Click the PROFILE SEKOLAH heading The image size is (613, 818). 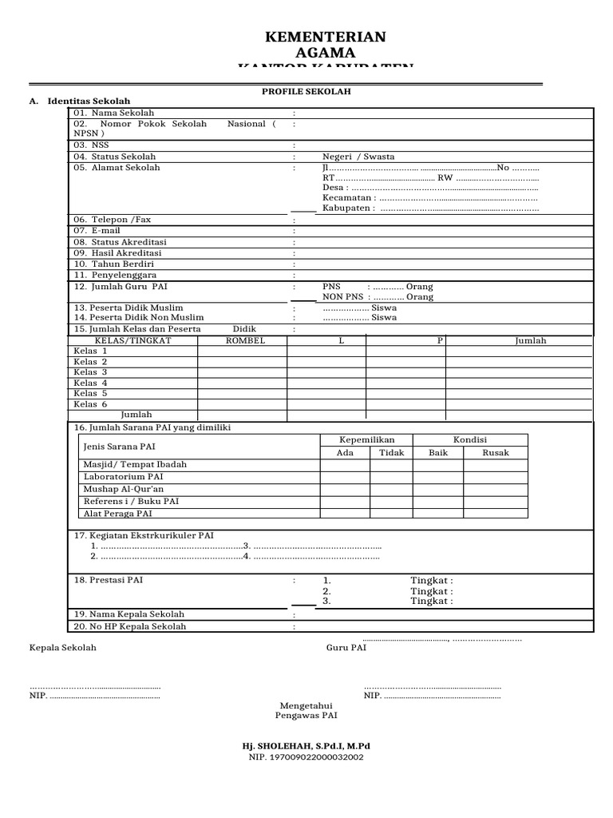click(x=306, y=92)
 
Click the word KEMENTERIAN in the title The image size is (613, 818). click(x=325, y=38)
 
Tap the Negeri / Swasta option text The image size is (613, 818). click(x=358, y=157)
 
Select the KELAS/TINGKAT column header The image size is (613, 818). click(x=133, y=340)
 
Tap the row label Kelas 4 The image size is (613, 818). click(x=91, y=383)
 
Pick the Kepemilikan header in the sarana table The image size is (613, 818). click(x=367, y=440)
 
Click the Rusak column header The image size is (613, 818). click(x=496, y=452)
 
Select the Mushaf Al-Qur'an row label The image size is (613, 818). click(x=124, y=489)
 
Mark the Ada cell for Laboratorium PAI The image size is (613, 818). click(x=345, y=477)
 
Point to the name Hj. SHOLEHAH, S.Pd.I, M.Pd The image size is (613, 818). click(x=306, y=746)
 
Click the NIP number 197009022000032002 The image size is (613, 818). click(x=306, y=756)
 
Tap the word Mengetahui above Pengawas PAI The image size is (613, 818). click(x=306, y=705)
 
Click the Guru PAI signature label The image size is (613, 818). click(x=346, y=648)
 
